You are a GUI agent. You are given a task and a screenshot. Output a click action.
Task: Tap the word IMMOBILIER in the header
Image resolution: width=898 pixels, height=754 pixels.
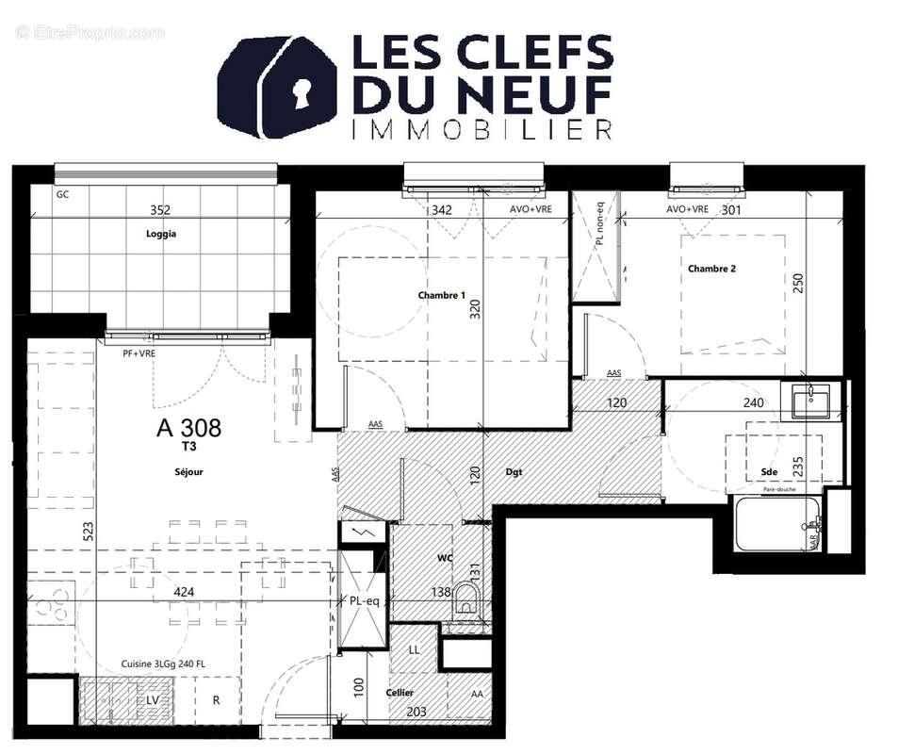[481, 129]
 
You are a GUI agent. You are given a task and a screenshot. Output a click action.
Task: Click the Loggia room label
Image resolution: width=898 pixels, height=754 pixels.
[161, 234]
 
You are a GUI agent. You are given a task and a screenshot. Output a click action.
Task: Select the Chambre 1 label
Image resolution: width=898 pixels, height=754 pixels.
[441, 295]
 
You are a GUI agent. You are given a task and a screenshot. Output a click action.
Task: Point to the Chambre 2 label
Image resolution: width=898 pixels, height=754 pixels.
[711, 269]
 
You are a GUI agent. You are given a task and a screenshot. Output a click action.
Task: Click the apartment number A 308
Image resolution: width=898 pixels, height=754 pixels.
[188, 428]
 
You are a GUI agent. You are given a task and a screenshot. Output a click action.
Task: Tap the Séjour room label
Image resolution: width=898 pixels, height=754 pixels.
[188, 471]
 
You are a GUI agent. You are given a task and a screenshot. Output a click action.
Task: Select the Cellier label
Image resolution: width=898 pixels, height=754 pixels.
[400, 693]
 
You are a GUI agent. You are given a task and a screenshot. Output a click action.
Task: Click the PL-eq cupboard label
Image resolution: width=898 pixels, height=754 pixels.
[362, 601]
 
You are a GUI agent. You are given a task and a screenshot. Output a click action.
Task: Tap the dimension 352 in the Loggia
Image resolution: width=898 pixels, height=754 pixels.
[161, 210]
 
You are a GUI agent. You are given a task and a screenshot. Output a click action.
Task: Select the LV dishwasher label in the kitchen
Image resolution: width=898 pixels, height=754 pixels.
[150, 701]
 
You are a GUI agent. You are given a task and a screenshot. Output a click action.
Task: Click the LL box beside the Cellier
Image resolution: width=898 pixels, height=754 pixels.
[414, 650]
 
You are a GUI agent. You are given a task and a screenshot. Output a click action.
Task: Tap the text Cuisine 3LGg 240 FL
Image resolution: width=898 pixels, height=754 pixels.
[163, 664]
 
